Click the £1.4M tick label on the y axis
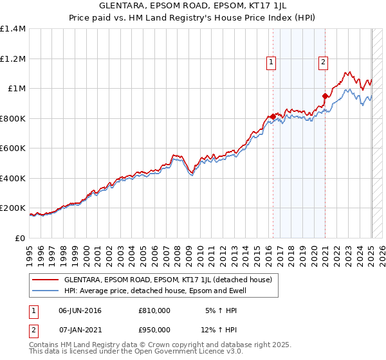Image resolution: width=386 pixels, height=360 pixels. point(13,29)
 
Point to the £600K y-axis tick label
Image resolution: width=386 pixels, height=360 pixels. point(13,148)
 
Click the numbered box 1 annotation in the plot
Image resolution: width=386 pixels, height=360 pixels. point(272,62)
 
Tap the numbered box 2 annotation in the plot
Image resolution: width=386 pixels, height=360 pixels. point(323,62)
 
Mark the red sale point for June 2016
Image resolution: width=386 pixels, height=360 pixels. point(273,117)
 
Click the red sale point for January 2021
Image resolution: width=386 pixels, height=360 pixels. point(325,96)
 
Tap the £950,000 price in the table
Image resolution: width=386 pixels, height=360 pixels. point(154,330)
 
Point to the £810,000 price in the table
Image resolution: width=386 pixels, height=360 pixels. point(154,310)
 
